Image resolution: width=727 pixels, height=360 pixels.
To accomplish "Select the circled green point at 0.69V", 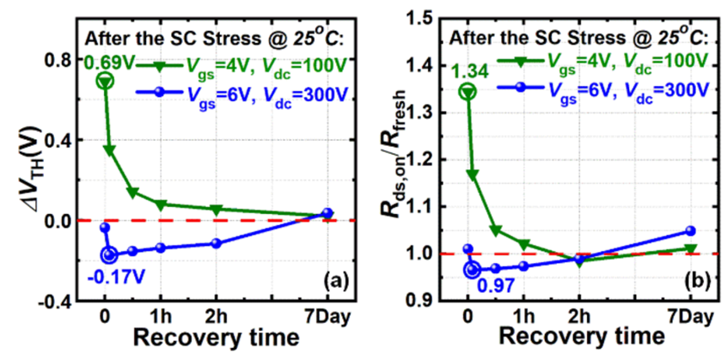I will pos(105,81).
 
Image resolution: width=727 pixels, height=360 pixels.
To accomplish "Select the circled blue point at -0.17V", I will pos(109,254).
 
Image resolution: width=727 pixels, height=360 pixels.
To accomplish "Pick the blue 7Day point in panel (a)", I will pos(327,213).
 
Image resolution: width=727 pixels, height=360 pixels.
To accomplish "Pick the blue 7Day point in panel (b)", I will pos(689,230).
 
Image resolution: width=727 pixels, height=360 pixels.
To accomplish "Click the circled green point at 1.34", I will pos(467,91).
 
